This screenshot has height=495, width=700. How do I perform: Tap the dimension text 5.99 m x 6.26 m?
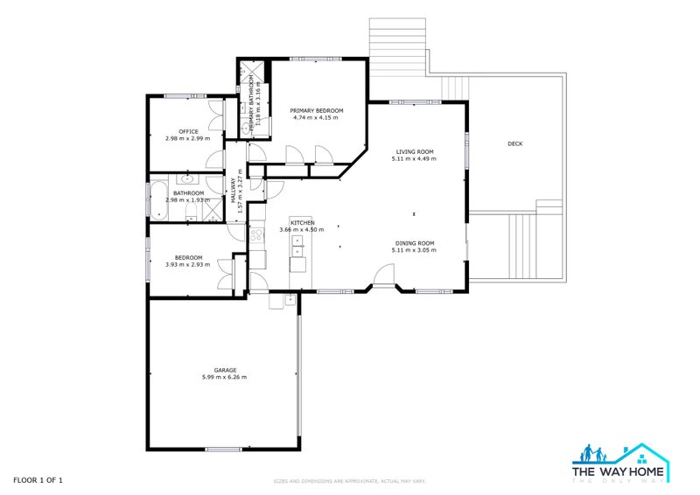[x=224, y=377]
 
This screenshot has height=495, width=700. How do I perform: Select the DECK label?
[x=514, y=143]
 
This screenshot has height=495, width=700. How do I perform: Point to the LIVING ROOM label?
[x=414, y=152]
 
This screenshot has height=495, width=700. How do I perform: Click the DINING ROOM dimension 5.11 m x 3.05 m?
[x=414, y=250]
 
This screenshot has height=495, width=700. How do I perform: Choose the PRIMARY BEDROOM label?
[x=316, y=110]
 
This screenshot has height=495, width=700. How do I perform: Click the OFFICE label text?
[x=188, y=131]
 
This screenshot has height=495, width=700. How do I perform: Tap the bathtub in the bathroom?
[x=158, y=199]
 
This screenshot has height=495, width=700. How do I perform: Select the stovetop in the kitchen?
[x=256, y=235]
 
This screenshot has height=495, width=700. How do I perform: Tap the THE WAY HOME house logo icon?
[x=621, y=456]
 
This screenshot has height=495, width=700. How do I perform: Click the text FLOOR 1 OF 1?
[x=38, y=480]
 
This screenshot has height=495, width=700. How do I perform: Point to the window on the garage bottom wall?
[x=222, y=450]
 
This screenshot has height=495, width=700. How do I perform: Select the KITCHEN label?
[x=303, y=222]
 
